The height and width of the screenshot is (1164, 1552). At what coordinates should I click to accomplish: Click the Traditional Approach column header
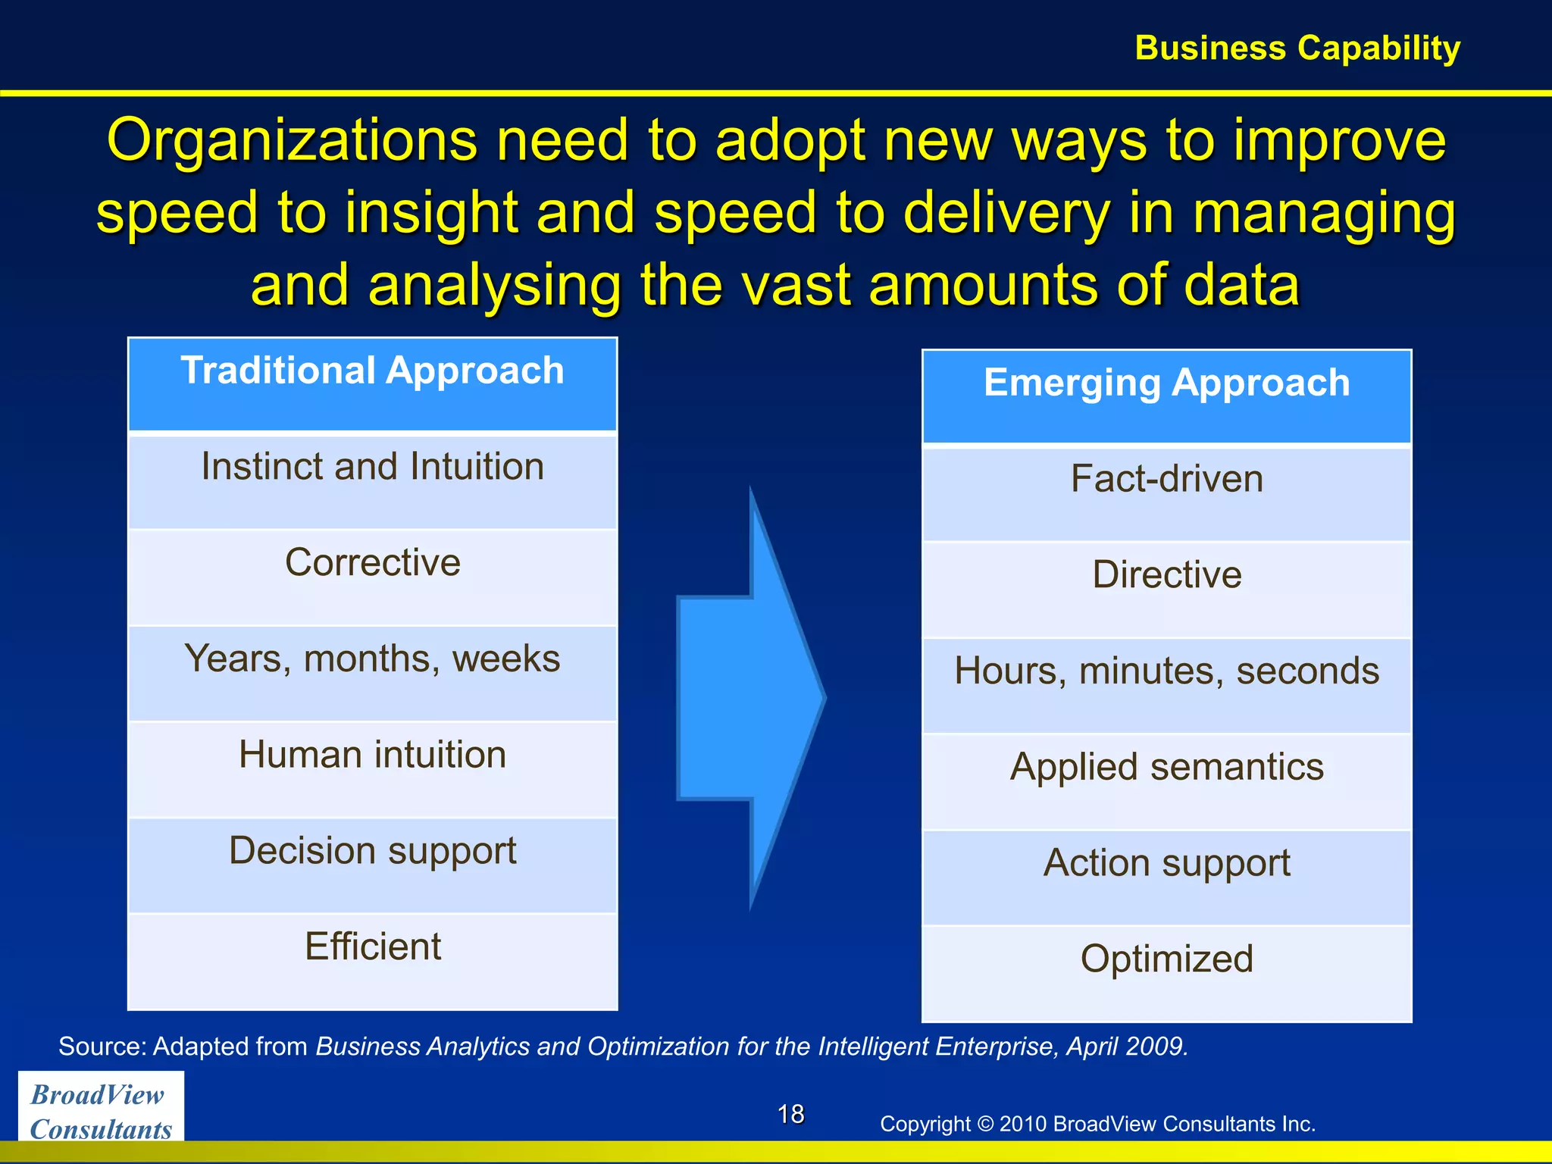point(372,385)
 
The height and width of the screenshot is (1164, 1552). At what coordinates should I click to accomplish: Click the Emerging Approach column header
point(1166,396)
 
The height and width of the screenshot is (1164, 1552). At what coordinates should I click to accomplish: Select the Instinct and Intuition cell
point(372,481)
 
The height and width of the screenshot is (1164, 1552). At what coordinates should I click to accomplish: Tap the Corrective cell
point(372,577)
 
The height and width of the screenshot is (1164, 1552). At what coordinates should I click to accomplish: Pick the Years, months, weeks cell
point(372,673)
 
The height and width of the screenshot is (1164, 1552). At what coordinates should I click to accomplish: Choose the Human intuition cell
point(372,769)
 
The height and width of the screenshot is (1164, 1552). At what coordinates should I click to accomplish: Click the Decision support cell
point(372,865)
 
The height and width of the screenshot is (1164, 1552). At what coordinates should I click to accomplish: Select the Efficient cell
point(372,961)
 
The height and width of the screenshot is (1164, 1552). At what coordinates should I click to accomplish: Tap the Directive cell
point(1166,590)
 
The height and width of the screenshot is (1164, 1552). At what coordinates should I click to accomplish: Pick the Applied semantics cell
point(1166,781)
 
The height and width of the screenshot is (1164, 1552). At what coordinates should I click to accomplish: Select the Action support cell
point(1166,878)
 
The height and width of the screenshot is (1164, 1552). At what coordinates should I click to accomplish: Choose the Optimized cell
point(1166,973)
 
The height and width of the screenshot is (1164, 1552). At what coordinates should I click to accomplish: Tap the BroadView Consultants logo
point(101,1111)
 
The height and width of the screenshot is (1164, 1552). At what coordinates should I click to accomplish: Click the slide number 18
point(790,1114)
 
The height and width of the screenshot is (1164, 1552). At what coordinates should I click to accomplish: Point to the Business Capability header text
point(1297,48)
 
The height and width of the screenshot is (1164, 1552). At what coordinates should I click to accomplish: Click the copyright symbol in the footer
point(985,1124)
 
